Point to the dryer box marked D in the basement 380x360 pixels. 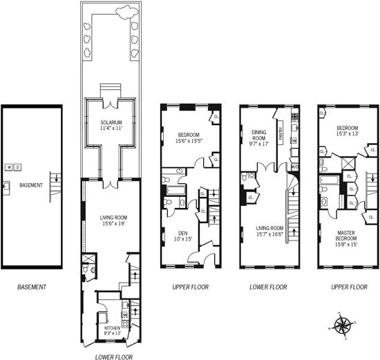18,167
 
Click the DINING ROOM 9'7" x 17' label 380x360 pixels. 258,139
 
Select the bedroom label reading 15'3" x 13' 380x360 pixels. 347,131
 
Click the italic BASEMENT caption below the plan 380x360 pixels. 32,286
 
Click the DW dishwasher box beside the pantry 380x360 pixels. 294,141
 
